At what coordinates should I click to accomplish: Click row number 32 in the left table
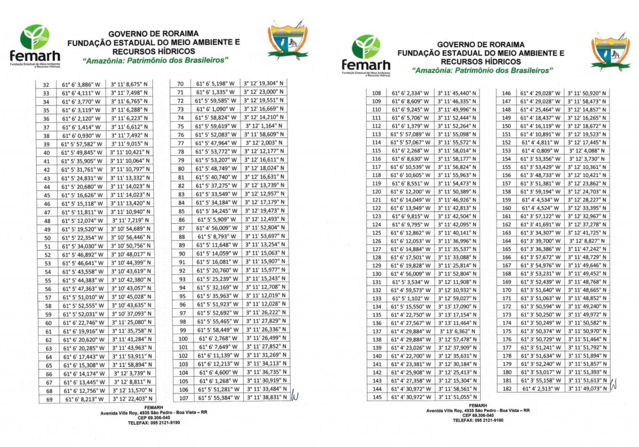coord(46,85)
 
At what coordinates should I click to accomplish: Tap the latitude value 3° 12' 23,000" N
coord(264,92)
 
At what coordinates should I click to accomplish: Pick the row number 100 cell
coord(183,339)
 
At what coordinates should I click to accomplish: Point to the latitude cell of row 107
coord(267,398)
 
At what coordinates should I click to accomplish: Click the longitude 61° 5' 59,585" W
coord(215,101)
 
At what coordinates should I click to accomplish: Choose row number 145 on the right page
coord(377,397)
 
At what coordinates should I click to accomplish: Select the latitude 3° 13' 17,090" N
coord(457,307)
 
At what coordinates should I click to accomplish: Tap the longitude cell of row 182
coord(541,389)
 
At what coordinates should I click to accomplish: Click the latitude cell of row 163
coord(587,233)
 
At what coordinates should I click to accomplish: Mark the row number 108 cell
coord(377,93)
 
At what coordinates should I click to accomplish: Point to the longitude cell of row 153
coord(540,150)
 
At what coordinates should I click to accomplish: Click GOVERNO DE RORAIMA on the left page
coord(153,34)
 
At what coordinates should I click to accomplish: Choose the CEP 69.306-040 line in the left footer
coord(154,418)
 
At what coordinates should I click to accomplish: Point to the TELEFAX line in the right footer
coord(478,420)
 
